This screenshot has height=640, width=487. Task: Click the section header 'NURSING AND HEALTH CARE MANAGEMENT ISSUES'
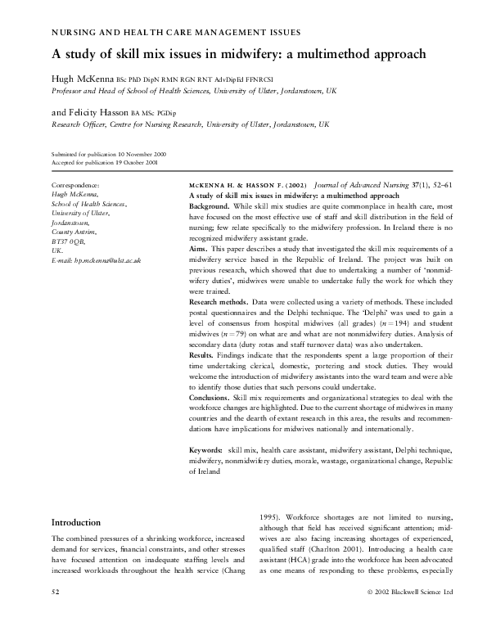point(176,32)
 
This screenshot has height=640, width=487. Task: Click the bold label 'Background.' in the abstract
point(210,207)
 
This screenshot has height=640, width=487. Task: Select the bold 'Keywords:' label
point(206,450)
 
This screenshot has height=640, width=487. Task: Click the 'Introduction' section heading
point(76,522)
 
